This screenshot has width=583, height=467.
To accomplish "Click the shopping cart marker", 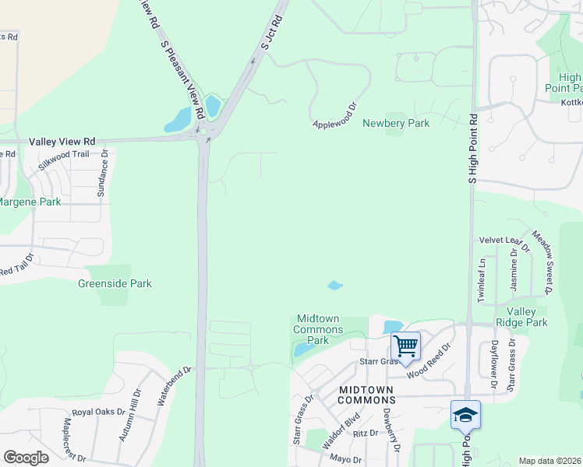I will coord(405,344).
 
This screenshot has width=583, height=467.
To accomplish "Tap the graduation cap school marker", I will coord(465,414).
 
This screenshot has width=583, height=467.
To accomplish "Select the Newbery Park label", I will coord(396,123).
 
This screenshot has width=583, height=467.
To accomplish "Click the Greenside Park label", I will coord(115,284).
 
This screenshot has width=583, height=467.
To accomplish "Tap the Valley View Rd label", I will coord(62,142).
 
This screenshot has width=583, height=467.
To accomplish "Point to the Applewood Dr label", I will coord(334,116).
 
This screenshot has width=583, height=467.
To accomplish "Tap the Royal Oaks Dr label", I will coord(98,412).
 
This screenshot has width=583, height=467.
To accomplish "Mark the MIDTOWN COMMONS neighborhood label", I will coord(366,394).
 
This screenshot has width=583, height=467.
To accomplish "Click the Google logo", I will coord(26,458).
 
